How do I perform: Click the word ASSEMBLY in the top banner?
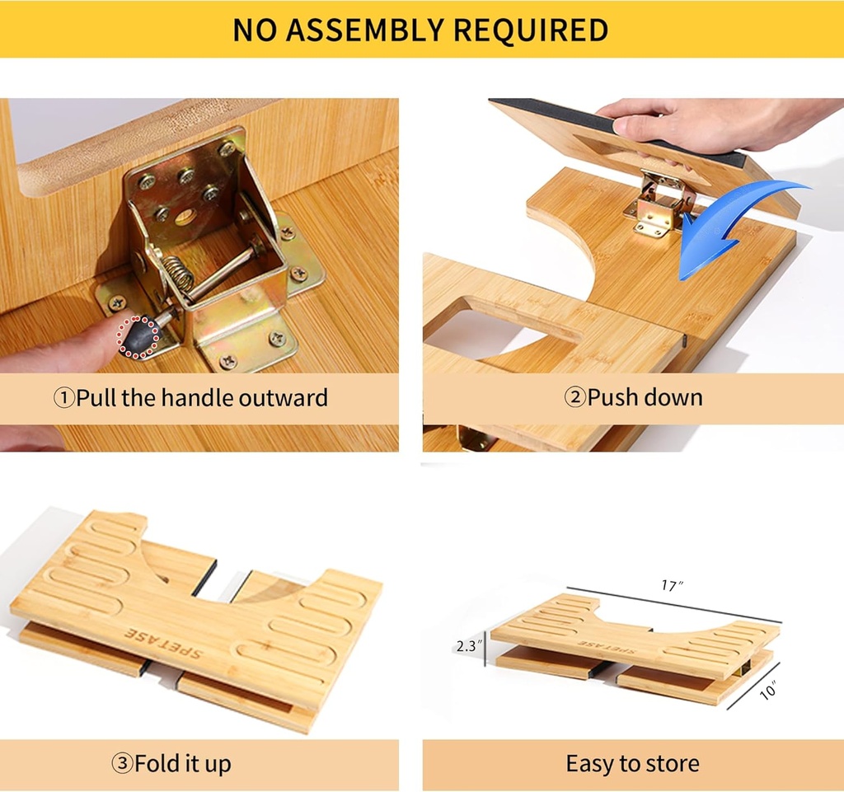pyautogui.click(x=369, y=30)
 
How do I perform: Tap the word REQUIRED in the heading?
pyautogui.click(x=532, y=30)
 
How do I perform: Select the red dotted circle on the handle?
pyautogui.click(x=137, y=336)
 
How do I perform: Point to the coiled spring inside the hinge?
pyautogui.click(x=184, y=274)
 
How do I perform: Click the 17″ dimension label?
pyautogui.click(x=672, y=586)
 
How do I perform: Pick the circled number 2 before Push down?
pyautogui.click(x=574, y=398)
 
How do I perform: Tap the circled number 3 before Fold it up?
pyautogui.click(x=123, y=764)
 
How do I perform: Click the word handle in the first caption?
pyautogui.click(x=196, y=399)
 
